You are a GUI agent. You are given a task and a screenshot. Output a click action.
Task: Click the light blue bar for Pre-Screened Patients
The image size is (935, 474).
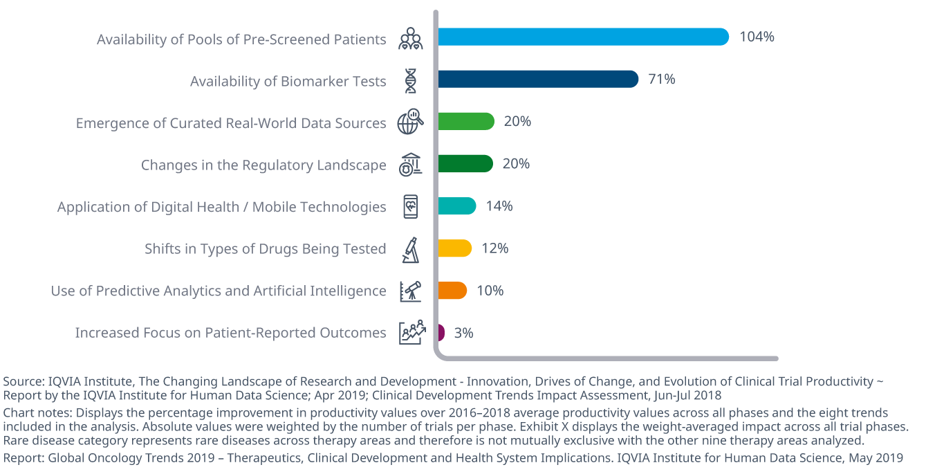click(582, 37)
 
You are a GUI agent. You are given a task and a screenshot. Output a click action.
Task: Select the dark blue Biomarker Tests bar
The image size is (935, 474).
click(537, 79)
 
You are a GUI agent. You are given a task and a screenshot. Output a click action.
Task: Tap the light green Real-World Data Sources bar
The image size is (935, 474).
click(465, 122)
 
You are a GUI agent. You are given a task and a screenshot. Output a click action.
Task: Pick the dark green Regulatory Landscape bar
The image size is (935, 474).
click(465, 164)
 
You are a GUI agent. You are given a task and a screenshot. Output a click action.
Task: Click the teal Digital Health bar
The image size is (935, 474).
click(456, 206)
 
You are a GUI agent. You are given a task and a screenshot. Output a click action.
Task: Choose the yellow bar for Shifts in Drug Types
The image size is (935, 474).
click(454, 248)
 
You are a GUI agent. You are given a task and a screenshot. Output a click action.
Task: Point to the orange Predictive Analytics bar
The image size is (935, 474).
click(452, 291)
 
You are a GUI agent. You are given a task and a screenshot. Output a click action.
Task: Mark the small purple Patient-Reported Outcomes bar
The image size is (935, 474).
click(441, 333)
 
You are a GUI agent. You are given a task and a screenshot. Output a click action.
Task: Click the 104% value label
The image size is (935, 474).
click(757, 37)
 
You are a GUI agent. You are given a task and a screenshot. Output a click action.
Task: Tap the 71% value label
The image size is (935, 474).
click(662, 80)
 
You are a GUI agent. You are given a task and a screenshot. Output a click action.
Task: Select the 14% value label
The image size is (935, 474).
click(499, 206)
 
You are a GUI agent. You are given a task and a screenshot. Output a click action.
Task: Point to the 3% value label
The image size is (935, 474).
click(463, 333)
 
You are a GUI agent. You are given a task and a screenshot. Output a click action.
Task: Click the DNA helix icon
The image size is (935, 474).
click(411, 81)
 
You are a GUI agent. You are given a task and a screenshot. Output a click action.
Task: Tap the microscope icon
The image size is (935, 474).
click(411, 250)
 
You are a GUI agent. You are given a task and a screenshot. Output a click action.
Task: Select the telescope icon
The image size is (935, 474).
click(411, 291)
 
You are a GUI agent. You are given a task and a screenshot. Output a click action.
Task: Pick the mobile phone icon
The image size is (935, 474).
click(411, 207)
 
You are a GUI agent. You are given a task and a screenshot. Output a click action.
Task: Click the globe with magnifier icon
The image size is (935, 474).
click(410, 122)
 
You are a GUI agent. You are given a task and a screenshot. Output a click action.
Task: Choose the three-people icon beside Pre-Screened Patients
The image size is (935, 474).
click(410, 39)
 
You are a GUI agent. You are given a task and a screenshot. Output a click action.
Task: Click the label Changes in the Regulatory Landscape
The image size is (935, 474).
click(263, 165)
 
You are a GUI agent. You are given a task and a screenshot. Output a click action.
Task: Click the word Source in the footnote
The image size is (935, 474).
click(21, 381)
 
